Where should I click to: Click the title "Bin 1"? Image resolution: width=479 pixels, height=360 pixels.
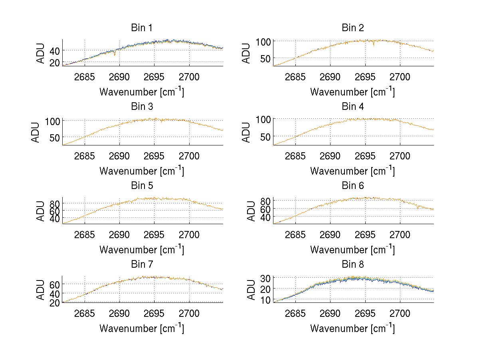(x=142, y=28)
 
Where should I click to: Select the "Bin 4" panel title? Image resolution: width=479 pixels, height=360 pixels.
(x=353, y=107)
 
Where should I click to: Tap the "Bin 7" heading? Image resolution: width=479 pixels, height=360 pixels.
(x=142, y=265)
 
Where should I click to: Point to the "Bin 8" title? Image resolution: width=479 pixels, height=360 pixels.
(x=353, y=265)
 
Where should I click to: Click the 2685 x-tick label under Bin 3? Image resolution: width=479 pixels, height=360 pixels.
(x=85, y=156)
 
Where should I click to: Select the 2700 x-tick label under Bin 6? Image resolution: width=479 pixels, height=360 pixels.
(x=400, y=235)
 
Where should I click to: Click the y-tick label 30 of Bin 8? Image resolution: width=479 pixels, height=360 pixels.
(x=266, y=278)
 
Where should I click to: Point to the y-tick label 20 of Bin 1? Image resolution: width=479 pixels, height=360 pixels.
(x=55, y=62)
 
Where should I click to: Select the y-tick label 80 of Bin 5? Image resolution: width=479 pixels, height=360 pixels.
(x=55, y=203)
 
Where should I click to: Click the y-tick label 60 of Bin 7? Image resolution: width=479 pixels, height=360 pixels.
(x=55, y=284)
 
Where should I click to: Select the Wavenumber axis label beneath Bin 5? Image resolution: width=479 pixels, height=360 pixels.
(x=142, y=250)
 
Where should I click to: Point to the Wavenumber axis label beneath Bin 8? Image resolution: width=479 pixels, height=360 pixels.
(x=352, y=328)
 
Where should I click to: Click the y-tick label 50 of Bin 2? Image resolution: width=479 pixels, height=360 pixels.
(x=266, y=58)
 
